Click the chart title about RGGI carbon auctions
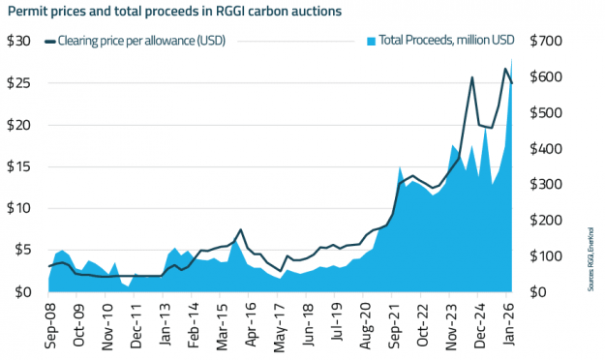[x=174, y=12]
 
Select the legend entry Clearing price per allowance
[x=135, y=42]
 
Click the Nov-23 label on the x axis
[x=457, y=321]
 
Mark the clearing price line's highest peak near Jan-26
[x=505, y=68]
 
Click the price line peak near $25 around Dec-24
[x=471, y=77]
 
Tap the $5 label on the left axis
[x=19, y=250]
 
